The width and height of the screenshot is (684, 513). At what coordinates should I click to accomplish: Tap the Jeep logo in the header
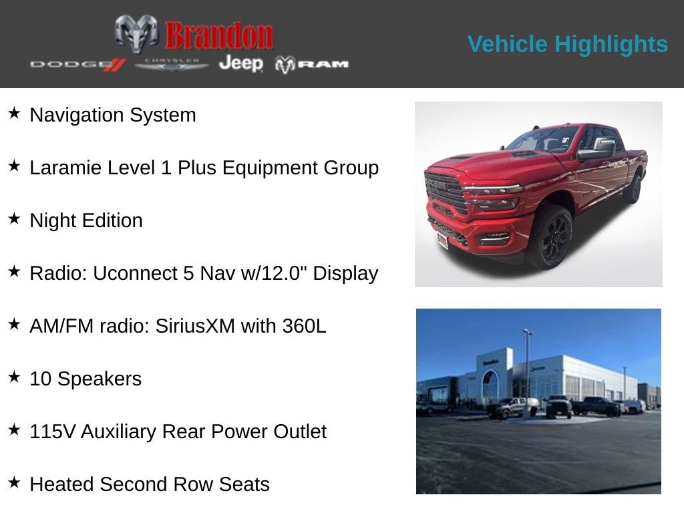tap(240, 63)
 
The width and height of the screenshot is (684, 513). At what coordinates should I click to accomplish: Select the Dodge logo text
tap(77, 64)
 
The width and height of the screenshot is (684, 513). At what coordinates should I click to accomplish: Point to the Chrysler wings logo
tap(172, 64)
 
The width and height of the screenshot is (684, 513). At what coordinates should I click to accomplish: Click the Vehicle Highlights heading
tap(567, 44)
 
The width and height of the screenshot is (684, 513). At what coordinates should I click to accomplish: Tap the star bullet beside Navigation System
tap(14, 114)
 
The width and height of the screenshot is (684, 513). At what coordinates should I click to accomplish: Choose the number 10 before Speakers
tap(41, 379)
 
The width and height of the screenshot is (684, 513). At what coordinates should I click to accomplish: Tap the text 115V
tap(53, 432)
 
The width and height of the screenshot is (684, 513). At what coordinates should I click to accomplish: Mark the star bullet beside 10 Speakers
tap(14, 377)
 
